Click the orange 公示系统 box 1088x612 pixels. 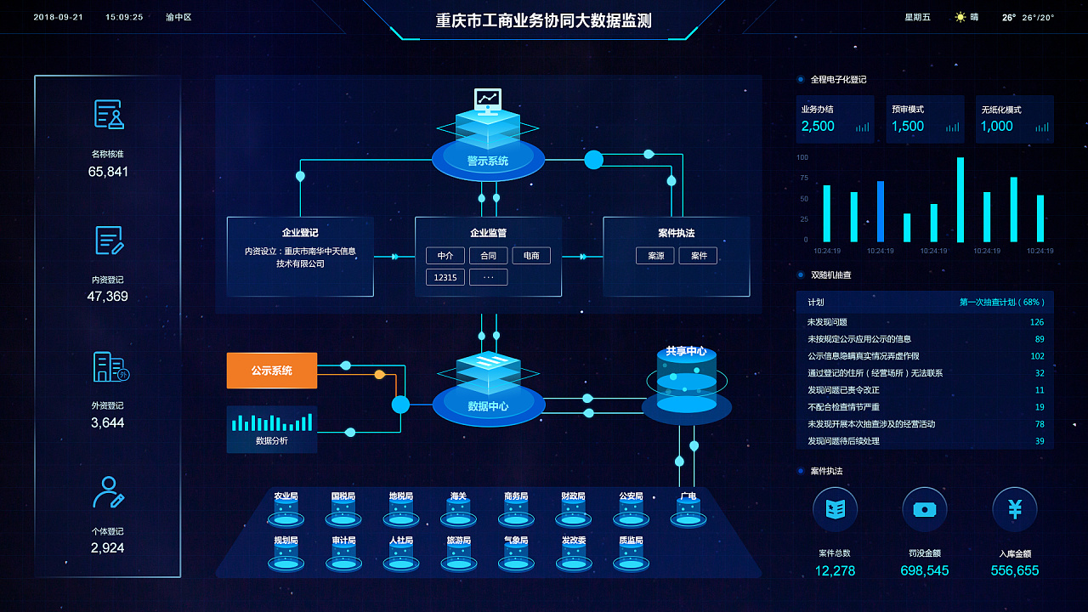(x=271, y=371)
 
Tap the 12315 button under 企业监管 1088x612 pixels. (x=445, y=277)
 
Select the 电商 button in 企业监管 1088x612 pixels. (x=531, y=255)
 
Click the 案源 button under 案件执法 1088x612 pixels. (x=655, y=255)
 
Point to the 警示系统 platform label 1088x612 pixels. (x=488, y=161)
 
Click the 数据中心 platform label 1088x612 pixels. (x=488, y=406)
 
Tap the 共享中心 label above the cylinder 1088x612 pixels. (x=686, y=351)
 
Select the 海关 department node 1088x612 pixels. (x=458, y=507)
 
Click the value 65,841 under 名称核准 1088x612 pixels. (x=108, y=172)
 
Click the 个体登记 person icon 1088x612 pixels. (x=109, y=492)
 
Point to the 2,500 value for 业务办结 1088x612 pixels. (x=818, y=126)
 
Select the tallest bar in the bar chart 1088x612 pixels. (x=960, y=199)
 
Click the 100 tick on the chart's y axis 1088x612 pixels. (x=802, y=157)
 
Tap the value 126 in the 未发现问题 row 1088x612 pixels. (x=1036, y=322)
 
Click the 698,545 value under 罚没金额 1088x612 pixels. (x=925, y=570)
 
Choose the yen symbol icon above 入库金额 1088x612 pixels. (x=1015, y=509)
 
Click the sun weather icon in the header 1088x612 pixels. (x=960, y=17)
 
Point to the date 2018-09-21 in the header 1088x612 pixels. (x=58, y=17)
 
